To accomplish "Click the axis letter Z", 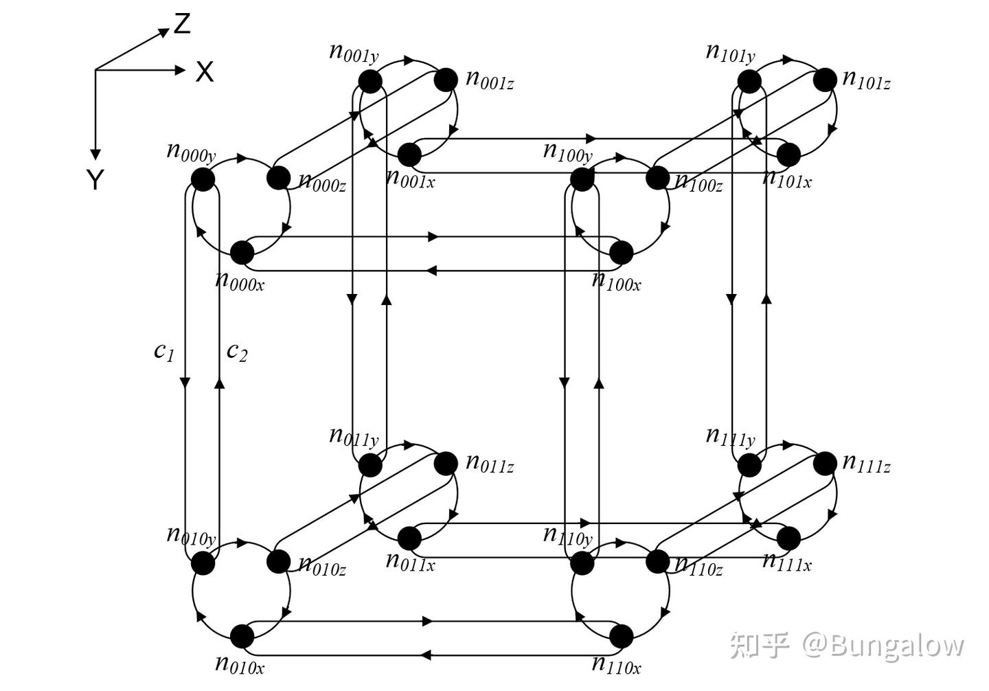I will click(x=182, y=24).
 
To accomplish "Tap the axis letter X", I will click(x=205, y=71).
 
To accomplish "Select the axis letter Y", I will click(x=95, y=180).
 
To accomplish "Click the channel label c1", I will click(x=164, y=351).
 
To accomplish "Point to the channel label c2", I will click(x=237, y=351).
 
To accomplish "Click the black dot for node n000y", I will click(x=203, y=179).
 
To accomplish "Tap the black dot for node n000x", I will click(x=242, y=253).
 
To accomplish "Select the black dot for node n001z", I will click(x=446, y=80).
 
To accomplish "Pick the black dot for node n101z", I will click(x=825, y=80).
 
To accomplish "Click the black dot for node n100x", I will click(x=622, y=253).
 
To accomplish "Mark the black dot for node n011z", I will click(x=446, y=463).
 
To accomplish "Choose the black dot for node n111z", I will click(x=825, y=463).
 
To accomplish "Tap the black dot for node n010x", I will click(x=242, y=637).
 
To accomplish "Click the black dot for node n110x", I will click(x=622, y=637).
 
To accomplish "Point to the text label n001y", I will click(x=354, y=52).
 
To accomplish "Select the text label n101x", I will click(x=787, y=179).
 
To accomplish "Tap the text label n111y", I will click(x=730, y=436).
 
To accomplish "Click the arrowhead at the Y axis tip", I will click(x=95, y=154).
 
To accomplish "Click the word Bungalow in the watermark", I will click(x=896, y=645).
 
